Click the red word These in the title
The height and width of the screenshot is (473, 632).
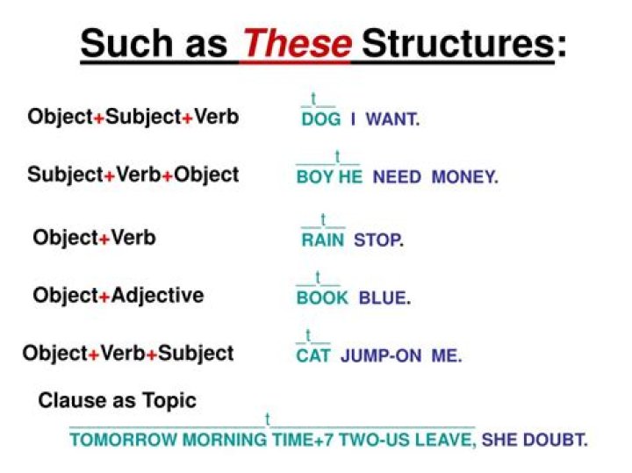coord(297,44)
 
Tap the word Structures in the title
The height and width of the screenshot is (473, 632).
coord(457,44)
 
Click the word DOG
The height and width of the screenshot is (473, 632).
coord(320,119)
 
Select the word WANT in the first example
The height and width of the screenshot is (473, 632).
coord(391,119)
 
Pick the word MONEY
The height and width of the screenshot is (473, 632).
coord(464,177)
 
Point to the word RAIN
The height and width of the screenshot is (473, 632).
coord(323,240)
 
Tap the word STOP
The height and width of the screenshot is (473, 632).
coord(377,240)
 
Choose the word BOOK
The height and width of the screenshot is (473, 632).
coord(322,298)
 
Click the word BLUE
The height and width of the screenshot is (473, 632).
coord(384,298)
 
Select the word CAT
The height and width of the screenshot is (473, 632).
coord(312,356)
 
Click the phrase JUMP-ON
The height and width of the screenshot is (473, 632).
coord(380,356)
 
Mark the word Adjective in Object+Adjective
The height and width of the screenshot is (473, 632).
coord(157,296)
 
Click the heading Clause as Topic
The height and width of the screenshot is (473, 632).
coord(117,401)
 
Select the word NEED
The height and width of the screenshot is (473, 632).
coord(397,177)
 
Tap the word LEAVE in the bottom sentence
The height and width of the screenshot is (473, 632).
coord(447,440)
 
